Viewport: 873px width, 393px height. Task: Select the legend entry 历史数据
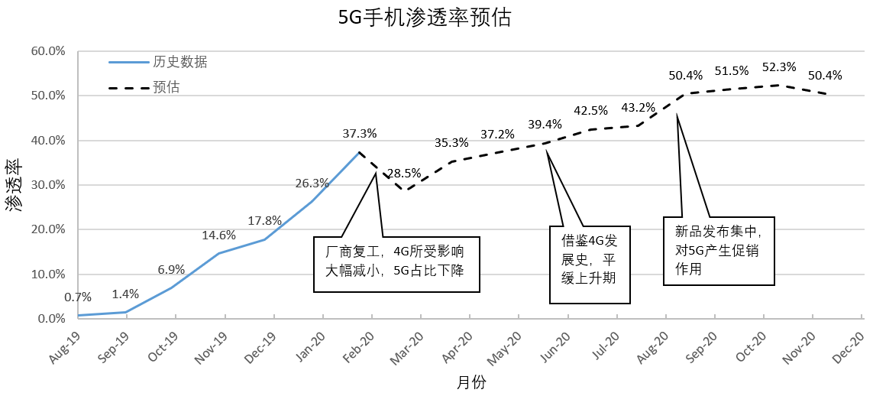coord(180,62)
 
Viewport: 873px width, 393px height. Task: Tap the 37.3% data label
coord(360,133)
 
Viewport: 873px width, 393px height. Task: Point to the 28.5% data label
coord(406,173)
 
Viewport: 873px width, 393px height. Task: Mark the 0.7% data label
coord(78,297)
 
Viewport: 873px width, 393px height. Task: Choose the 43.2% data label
coord(639,107)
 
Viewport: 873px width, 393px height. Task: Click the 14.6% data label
coord(219,235)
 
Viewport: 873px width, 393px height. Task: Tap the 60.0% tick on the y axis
coord(48,51)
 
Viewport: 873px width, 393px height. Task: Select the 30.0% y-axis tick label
coord(48,185)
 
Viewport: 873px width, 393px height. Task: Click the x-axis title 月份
coord(471,382)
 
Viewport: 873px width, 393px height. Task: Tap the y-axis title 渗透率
coord(15,185)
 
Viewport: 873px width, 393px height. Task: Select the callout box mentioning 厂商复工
coord(396,264)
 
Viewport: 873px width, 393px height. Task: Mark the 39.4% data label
coord(545,124)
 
